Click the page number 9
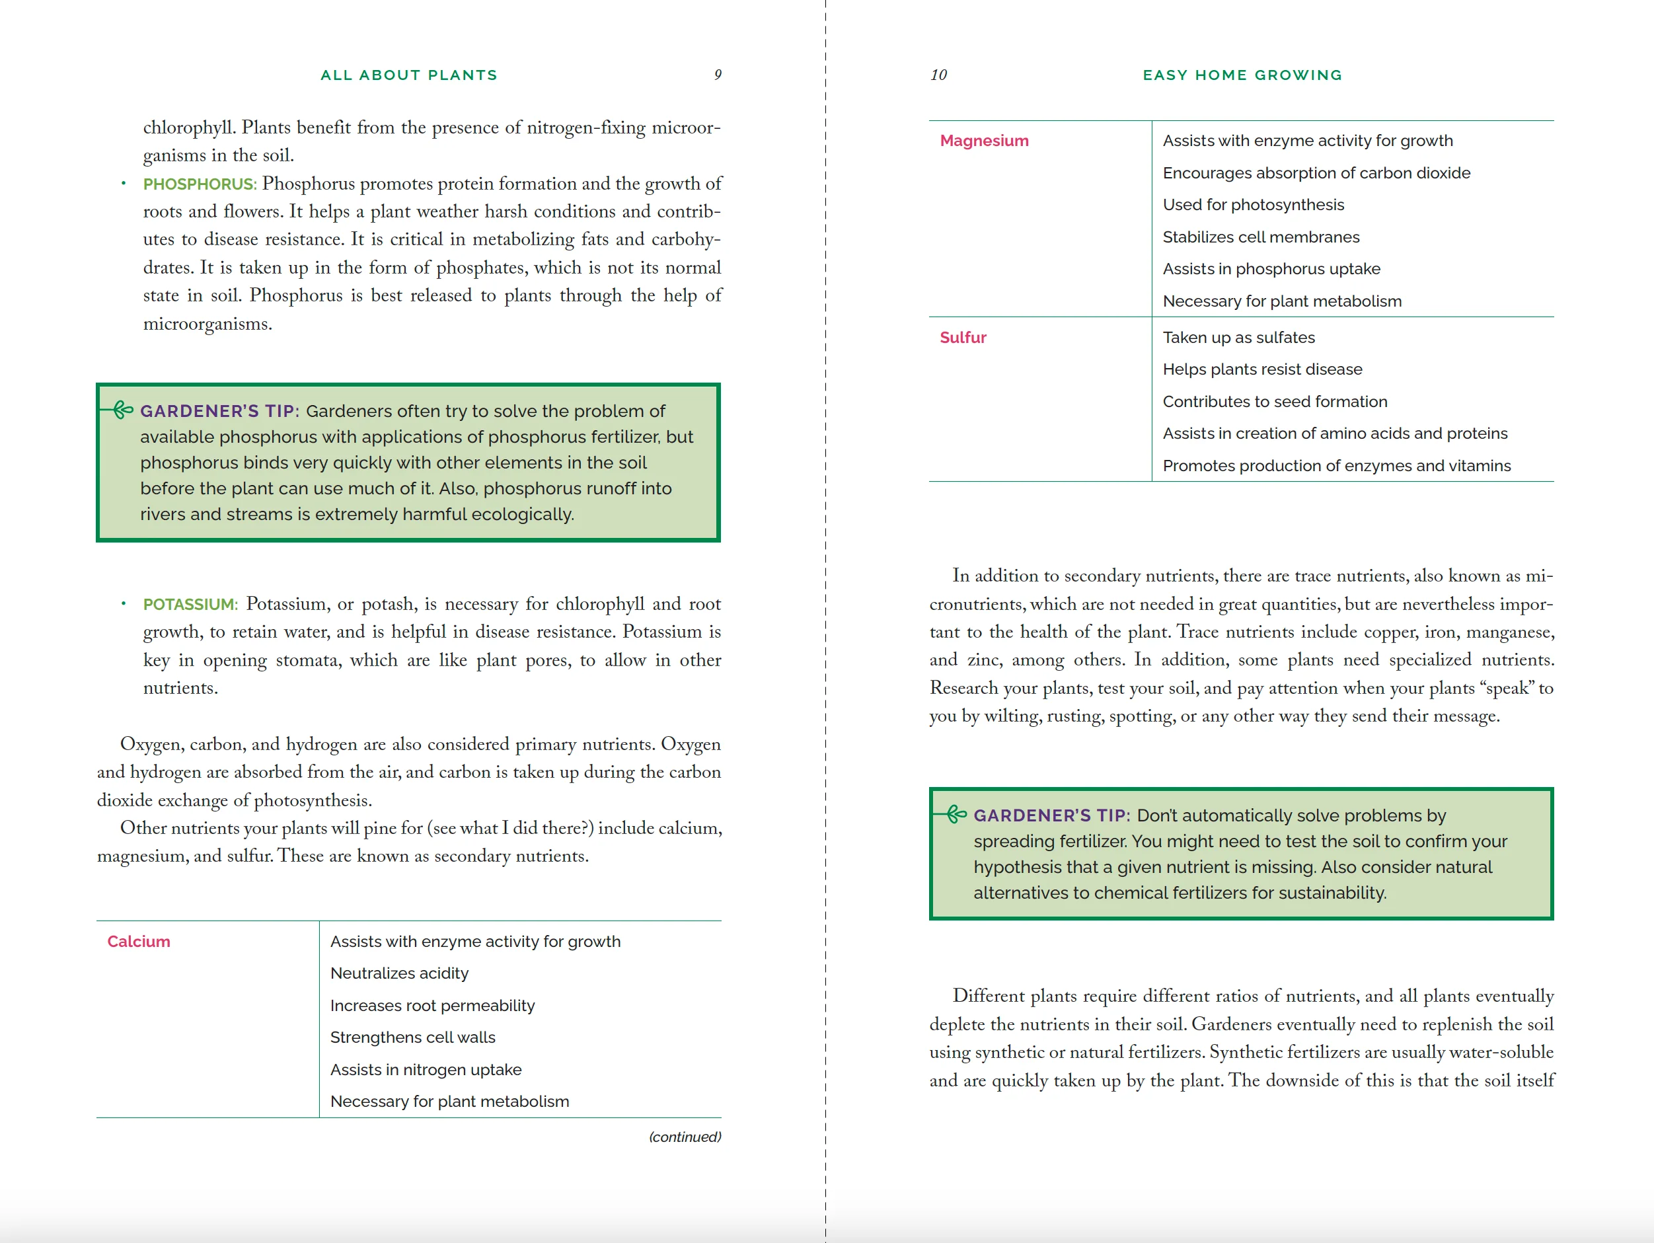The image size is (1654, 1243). pyautogui.click(x=718, y=75)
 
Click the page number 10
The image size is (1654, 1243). pyautogui.click(x=938, y=75)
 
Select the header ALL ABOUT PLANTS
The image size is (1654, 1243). pyautogui.click(x=408, y=75)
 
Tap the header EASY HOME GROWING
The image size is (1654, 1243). pyautogui.click(x=1242, y=75)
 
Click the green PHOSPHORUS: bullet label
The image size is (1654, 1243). pyautogui.click(x=200, y=184)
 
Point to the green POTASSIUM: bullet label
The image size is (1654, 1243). pyautogui.click(x=190, y=604)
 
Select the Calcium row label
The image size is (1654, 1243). pyautogui.click(x=138, y=942)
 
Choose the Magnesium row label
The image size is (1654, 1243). pyautogui.click(x=984, y=141)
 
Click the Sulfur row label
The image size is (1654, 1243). pyautogui.click(x=963, y=337)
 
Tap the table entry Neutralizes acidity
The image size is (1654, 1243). pyautogui.click(x=399, y=973)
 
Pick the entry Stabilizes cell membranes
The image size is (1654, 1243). pyautogui.click(x=1261, y=237)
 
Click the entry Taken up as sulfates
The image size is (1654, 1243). pyautogui.click(x=1238, y=337)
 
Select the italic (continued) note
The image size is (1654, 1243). pyautogui.click(x=685, y=1137)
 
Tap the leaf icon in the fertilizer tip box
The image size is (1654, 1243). pyautogui.click(x=956, y=813)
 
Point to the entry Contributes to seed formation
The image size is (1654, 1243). pyautogui.click(x=1275, y=402)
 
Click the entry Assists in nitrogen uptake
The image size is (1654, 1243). pyautogui.click(x=426, y=1069)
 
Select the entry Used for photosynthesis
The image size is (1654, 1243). pyautogui.click(x=1253, y=205)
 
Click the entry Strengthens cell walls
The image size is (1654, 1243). pyautogui.click(x=413, y=1037)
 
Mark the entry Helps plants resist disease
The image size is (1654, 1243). pyautogui.click(x=1262, y=369)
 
